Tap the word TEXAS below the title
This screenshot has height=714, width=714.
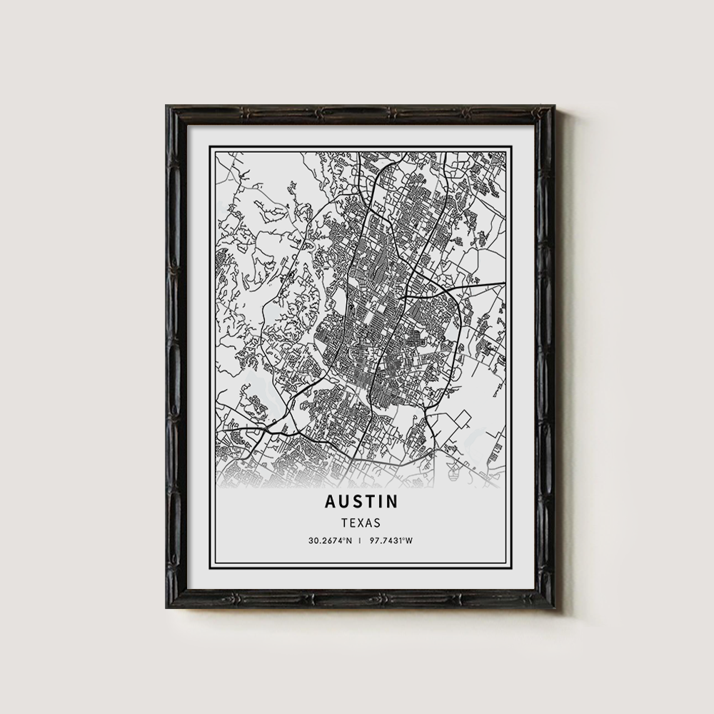361,523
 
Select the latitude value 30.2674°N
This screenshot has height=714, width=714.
329,540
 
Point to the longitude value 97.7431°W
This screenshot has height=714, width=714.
392,540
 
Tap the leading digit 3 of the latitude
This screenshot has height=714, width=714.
311,540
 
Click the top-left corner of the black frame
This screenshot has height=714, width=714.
168,107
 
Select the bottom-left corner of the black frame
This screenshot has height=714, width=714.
168,607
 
